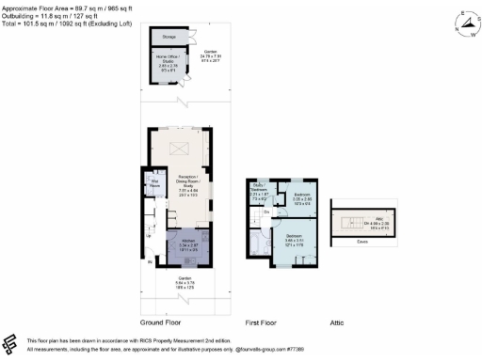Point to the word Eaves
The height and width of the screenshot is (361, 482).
tap(362, 242)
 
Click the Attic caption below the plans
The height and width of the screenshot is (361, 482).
tap(336, 322)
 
